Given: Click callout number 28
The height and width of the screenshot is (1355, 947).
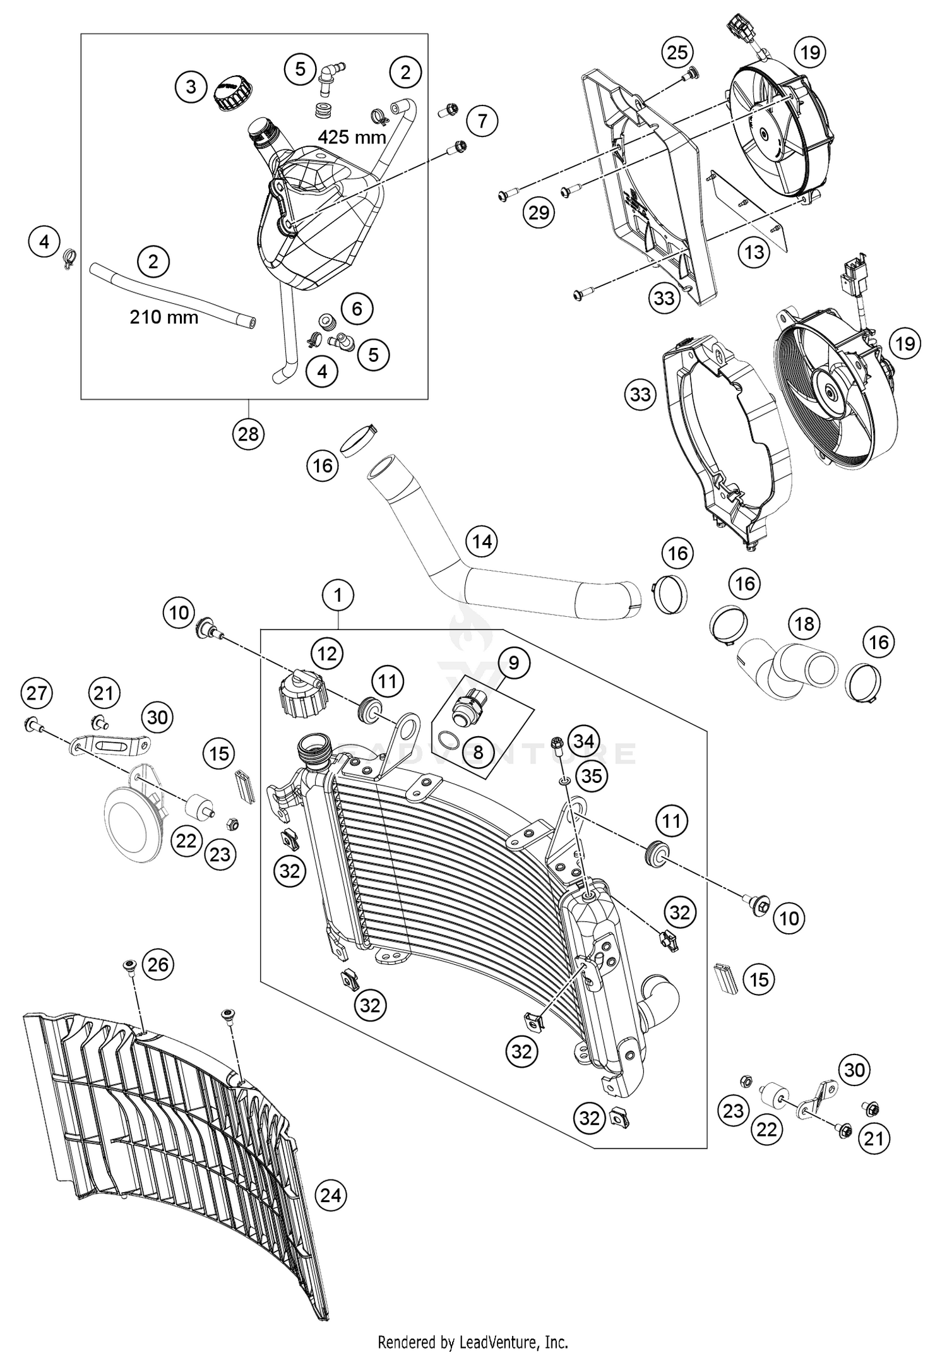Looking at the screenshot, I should pos(248,434).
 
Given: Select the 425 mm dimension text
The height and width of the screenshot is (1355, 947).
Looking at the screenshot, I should pos(352,136).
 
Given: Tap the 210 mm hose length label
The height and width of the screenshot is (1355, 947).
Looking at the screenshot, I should pos(164,316).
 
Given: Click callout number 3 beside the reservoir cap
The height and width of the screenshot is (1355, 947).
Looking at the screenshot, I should pos(191,86).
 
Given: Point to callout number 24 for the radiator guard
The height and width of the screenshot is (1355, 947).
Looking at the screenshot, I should pos(331,1195).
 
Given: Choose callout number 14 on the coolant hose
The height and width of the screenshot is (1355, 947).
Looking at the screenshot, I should pos(482,542).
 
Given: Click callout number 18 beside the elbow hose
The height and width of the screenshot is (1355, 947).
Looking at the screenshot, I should pos(804,624).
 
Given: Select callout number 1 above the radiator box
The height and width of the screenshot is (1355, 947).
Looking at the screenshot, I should pos(338,595).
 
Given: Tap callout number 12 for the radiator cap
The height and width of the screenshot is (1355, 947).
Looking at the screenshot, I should pos(327,654).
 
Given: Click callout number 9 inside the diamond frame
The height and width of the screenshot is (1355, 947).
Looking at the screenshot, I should pos(513,662).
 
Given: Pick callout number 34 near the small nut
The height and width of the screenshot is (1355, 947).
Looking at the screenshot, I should pos(583,741).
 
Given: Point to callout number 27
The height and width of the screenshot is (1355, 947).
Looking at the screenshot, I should pos(36,693).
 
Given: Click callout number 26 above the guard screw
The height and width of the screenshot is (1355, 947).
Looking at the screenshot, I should pos(158,964).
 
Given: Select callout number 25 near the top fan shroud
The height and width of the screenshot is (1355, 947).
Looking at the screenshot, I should pos(677,52).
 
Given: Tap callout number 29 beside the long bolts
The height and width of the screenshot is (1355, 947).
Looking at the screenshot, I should pos(539,213).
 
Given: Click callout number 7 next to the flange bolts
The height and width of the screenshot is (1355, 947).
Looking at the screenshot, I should pos(482,120).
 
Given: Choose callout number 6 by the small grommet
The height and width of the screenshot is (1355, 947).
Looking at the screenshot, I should pos(357,309).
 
